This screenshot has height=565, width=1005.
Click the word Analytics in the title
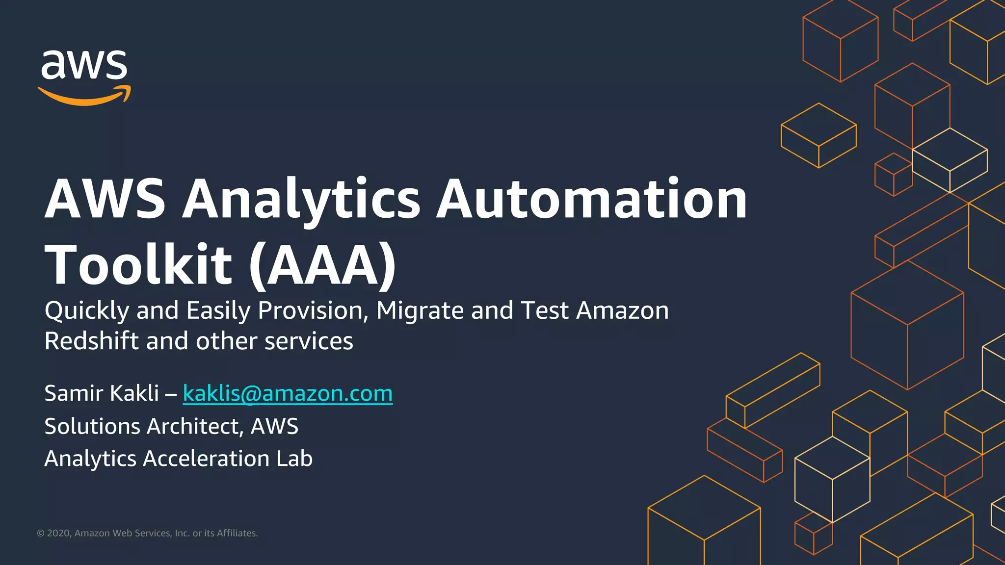point(301,199)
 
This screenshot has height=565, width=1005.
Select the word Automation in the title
point(591,199)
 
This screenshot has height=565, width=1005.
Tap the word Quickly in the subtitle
point(86,311)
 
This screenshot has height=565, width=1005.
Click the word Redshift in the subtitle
point(91,341)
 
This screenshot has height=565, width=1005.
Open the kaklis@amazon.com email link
point(288,393)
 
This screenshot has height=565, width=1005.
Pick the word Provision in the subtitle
point(313,311)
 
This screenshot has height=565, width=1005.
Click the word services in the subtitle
point(309,341)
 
